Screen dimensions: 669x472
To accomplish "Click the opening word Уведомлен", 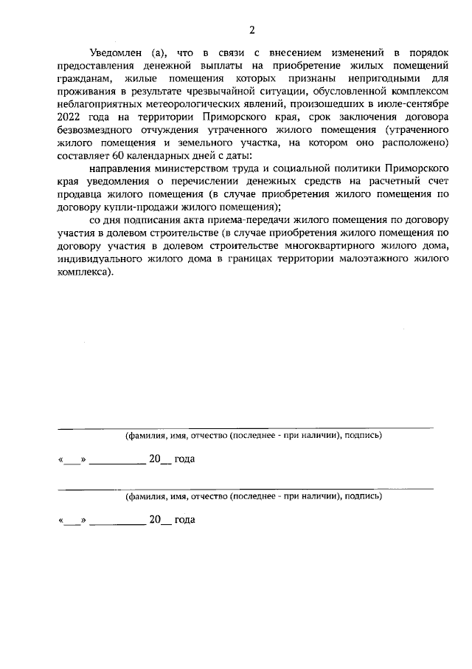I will tap(114, 53).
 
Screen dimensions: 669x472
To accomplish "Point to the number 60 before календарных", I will tap(118, 158).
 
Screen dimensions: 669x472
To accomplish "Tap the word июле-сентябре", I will tap(401, 104).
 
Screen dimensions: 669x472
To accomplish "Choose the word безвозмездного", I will tap(94, 131).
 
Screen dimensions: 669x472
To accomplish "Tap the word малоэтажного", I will tap(348, 259).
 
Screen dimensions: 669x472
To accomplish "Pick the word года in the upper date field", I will tap(185, 459).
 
